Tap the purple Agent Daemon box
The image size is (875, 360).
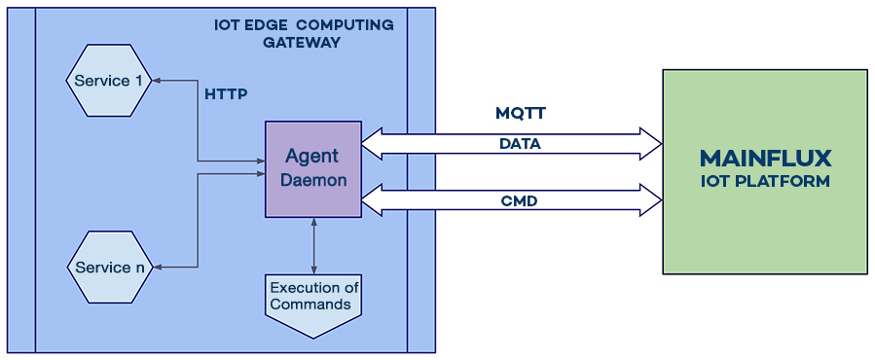coord(312,169)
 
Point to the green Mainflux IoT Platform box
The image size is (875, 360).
coord(764,170)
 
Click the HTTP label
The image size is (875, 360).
coord(226,95)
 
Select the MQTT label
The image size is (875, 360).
coord(521,114)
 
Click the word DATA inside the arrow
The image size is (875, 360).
coord(520,144)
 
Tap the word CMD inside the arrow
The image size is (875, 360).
coord(520,201)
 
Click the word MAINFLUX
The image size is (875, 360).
coord(765,159)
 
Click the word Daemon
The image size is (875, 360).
coord(312,181)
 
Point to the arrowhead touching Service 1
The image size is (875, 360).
coord(161,80)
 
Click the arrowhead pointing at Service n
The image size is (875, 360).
coord(161,267)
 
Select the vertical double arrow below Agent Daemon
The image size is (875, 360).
coord(312,245)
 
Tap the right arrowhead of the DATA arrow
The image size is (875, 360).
coord(652,144)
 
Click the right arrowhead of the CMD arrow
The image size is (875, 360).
coord(652,201)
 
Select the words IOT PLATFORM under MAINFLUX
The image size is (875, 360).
coord(765,182)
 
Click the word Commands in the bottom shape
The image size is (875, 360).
coord(310,305)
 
